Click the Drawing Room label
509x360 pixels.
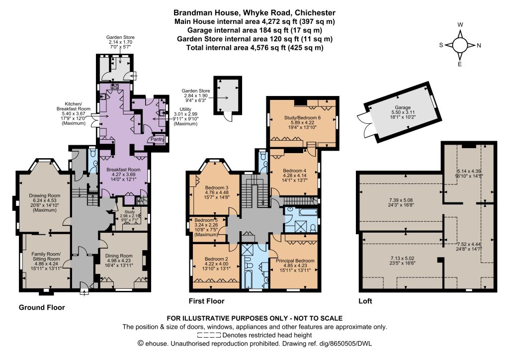pos(45,196)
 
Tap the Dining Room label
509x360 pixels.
pos(119,256)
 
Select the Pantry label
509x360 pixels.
pos(158,139)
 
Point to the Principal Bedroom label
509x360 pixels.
pos(295,261)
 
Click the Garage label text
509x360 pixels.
pos(403,107)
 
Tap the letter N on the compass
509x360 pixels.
pos(479,45)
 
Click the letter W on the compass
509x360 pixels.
pos(460,25)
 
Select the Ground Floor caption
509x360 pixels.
pos(42,307)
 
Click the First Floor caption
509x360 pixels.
pos(206,301)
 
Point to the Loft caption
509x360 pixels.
pos(365,301)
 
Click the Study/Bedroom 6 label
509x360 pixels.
pos(302,117)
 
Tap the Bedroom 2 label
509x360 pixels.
pos(216,259)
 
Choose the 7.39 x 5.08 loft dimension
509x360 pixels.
pos(401,200)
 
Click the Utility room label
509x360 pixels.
pos(185,109)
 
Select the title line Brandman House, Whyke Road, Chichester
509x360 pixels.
pos(254,13)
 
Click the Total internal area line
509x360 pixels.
pos(254,48)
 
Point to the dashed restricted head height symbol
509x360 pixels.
pos(209,335)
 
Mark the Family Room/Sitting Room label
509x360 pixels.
pos(46,257)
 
